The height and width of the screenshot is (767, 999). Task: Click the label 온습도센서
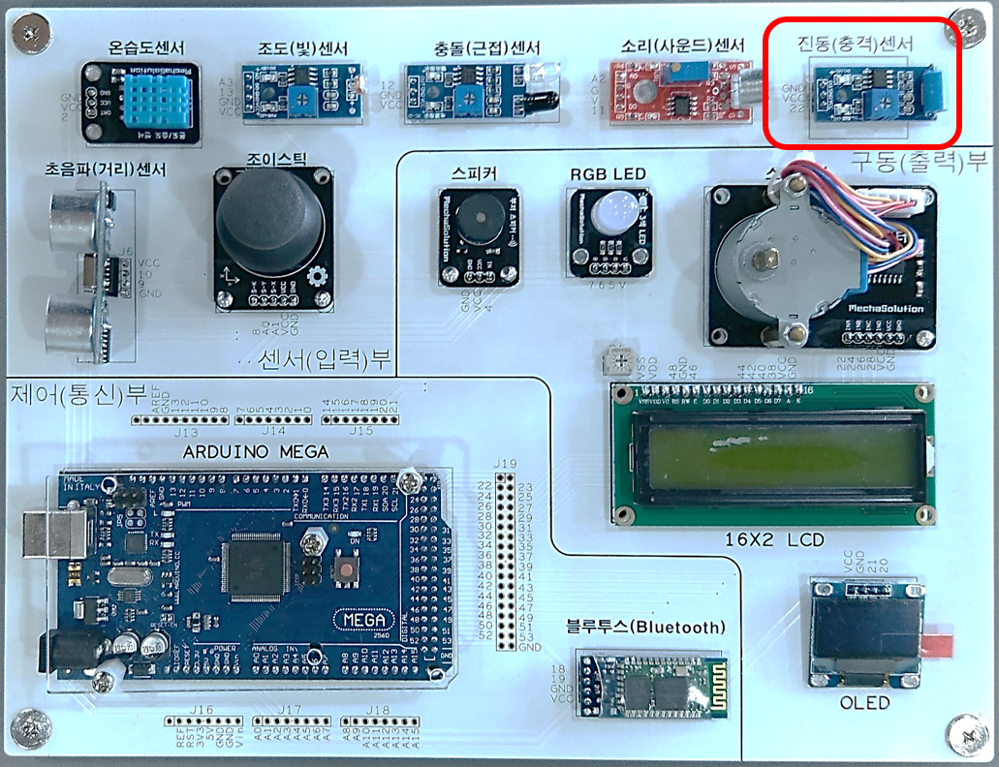pos(146,47)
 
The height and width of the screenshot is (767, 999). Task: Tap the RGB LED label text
pos(608,174)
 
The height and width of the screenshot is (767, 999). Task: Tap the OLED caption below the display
pos(863,702)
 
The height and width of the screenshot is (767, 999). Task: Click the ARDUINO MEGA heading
pos(255,451)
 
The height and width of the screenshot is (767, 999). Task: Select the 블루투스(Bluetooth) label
pos(645,628)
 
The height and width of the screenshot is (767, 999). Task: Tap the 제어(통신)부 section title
pos(78,394)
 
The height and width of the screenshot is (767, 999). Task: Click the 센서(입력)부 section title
pos(325,360)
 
